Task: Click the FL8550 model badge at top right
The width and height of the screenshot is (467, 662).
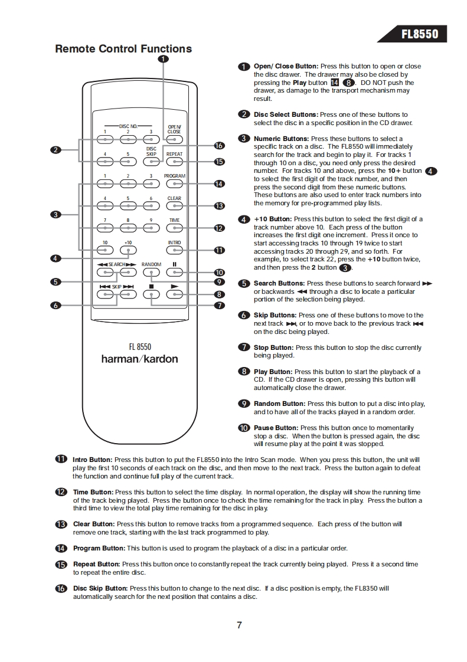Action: [419, 34]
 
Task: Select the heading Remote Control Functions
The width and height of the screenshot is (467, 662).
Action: [123, 49]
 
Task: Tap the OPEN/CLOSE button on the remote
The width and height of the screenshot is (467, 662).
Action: [174, 140]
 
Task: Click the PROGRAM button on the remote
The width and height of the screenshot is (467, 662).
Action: [174, 184]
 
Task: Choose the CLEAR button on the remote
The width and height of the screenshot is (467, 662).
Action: [174, 207]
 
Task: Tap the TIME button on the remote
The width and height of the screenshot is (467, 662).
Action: [174, 228]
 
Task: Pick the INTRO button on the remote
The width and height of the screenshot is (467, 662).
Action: [174, 250]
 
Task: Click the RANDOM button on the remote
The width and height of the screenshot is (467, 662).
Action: [151, 273]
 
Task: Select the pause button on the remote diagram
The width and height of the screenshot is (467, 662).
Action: [174, 273]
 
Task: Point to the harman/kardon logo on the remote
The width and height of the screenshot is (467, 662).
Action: [139, 359]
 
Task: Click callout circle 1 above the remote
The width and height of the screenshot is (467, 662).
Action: [163, 58]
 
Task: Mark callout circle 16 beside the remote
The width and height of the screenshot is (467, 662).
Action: [219, 146]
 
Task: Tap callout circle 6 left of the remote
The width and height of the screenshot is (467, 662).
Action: [55, 306]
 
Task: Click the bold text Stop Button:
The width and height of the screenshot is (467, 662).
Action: [273, 348]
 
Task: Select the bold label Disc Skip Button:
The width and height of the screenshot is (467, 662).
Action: [100, 588]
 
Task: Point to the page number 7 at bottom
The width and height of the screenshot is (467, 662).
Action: [239, 625]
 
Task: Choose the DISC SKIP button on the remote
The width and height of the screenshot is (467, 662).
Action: [151, 162]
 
